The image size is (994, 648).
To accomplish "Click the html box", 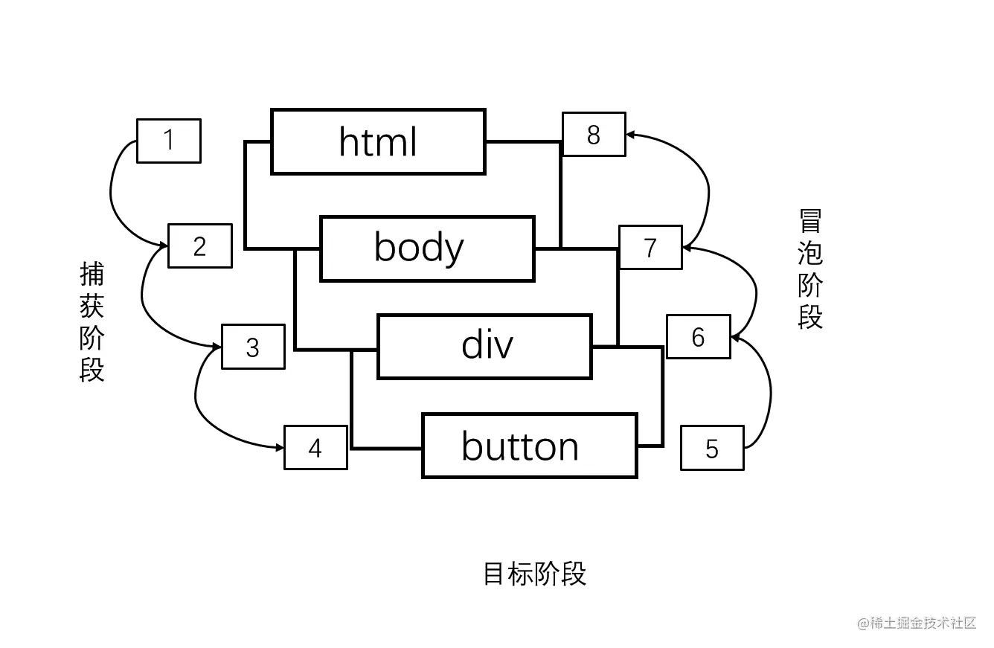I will (378, 141).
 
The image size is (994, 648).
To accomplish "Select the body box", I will (427, 248).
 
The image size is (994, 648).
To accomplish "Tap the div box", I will (484, 347).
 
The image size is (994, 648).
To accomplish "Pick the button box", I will (529, 446).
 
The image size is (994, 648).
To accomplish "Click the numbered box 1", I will (169, 141).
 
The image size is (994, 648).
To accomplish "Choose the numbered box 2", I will (199, 246).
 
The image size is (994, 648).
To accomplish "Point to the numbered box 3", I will (253, 347).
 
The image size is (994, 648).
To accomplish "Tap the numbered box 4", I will (315, 448).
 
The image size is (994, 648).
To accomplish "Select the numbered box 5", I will (712, 448).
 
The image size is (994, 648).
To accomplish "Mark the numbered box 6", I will (698, 337).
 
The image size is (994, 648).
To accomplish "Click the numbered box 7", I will (650, 247).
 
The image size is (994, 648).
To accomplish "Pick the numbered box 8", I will (593, 135).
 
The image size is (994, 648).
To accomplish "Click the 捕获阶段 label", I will (92, 321).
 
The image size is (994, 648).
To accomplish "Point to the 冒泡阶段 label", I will (809, 269).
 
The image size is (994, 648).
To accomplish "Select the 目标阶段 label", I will (535, 574).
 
